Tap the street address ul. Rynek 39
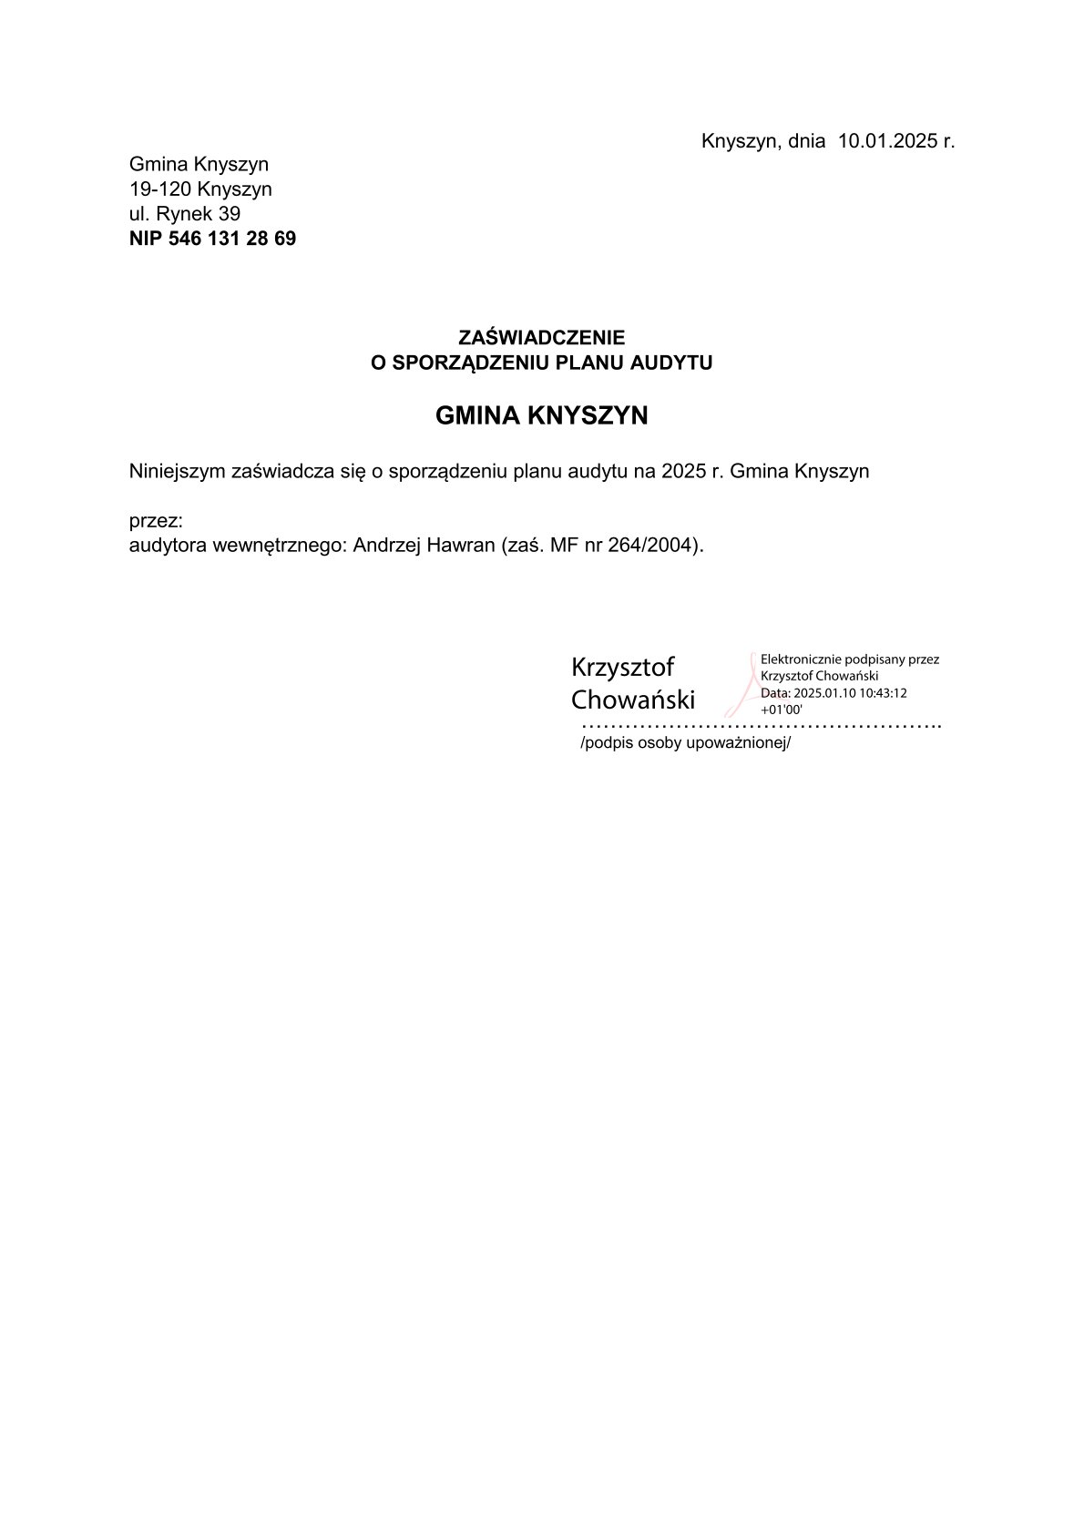point(185,214)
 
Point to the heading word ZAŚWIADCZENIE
point(541,338)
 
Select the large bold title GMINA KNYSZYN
point(541,415)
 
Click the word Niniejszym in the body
point(178,472)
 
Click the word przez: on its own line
point(156,521)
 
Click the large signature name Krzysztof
point(622,667)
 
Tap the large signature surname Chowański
point(632,700)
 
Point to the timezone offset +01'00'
point(781,710)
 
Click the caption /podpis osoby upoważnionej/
point(685,742)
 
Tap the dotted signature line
point(760,726)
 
